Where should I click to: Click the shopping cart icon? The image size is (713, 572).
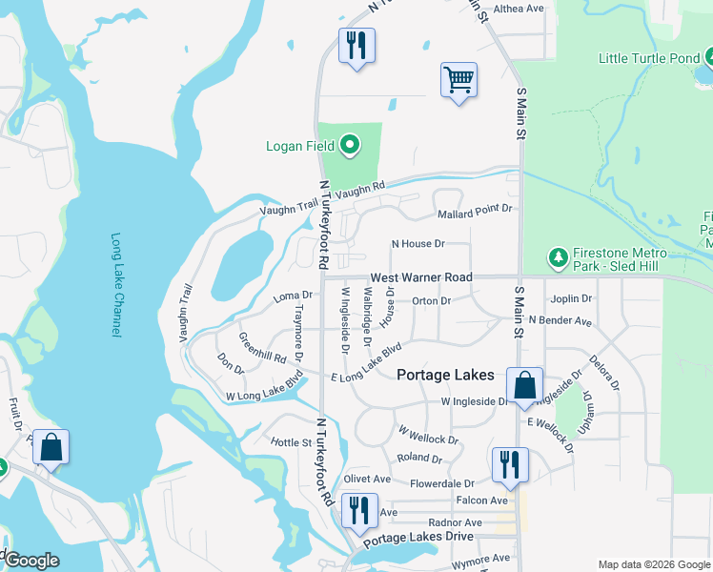458,80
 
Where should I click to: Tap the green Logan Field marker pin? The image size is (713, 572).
350,146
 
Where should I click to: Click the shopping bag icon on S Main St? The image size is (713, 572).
524,386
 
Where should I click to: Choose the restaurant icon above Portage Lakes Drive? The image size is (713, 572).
359,510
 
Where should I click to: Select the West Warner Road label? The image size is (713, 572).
421,277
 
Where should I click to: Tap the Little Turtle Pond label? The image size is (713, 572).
648,58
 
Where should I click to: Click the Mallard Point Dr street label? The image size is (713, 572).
474,208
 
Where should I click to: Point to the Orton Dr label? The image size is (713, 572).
431,301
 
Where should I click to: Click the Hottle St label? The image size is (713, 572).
292,442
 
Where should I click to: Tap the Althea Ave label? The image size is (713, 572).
518,9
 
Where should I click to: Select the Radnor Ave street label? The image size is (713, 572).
455,522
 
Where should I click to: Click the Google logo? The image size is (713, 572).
31,561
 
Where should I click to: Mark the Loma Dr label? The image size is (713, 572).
294,296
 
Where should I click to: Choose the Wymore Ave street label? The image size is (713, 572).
480,559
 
